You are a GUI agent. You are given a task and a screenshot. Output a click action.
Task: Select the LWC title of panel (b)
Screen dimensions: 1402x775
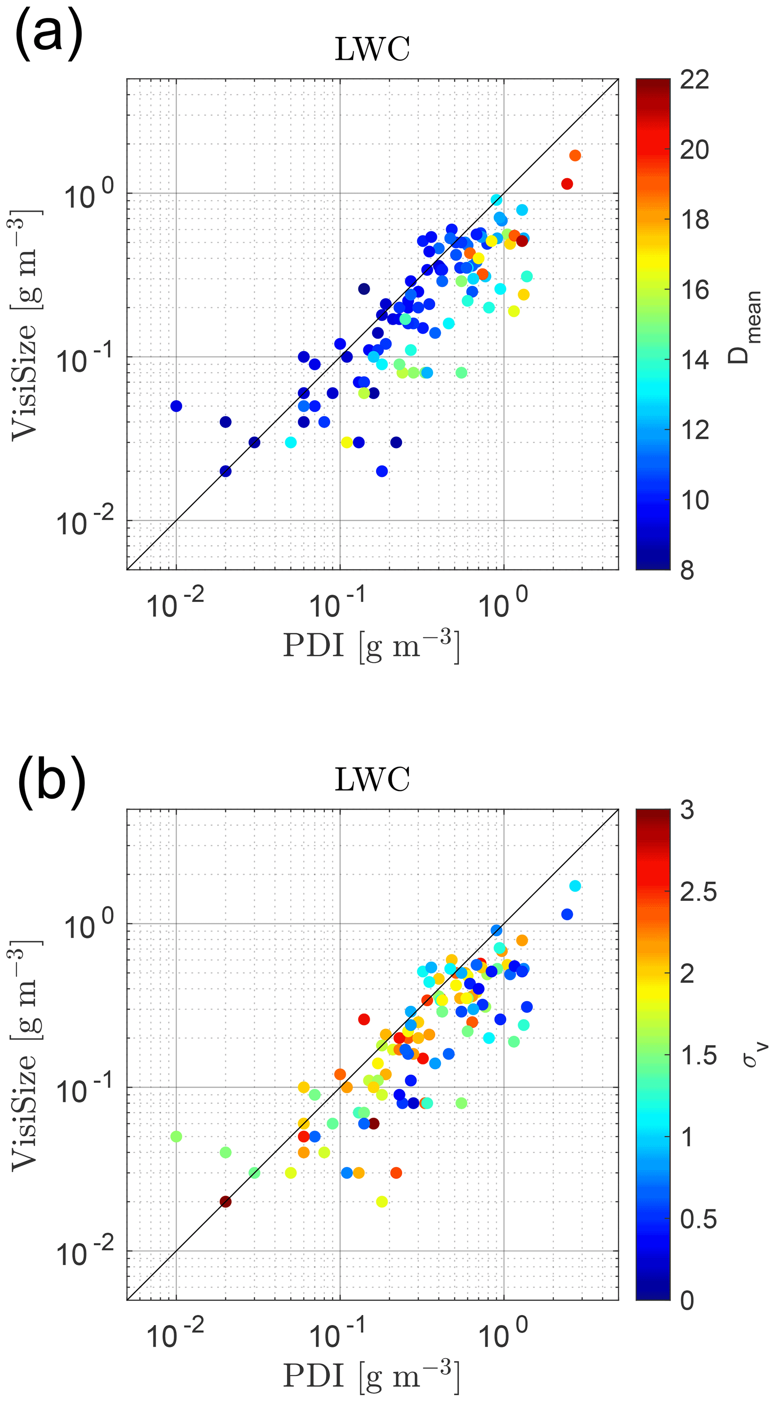tap(372, 779)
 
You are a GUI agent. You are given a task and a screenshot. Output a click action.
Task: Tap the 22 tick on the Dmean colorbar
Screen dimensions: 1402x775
tap(694, 80)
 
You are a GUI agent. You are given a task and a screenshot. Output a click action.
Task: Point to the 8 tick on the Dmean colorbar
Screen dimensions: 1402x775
tap(687, 570)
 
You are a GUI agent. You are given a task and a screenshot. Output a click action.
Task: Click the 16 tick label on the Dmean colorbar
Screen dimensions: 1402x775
tap(694, 290)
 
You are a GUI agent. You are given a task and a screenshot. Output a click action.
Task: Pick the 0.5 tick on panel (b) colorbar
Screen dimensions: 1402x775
tap(698, 1219)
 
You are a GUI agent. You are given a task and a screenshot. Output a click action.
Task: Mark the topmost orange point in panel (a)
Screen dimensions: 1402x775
tap(575, 156)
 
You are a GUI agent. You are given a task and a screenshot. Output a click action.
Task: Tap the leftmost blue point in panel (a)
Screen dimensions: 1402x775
tap(176, 406)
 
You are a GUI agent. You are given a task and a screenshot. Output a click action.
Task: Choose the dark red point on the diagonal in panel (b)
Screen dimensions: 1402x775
tap(225, 1202)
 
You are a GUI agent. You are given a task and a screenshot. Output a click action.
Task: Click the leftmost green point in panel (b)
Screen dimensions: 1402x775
tap(176, 1136)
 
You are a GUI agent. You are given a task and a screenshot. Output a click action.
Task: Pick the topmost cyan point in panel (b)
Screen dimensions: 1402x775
tap(575, 886)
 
